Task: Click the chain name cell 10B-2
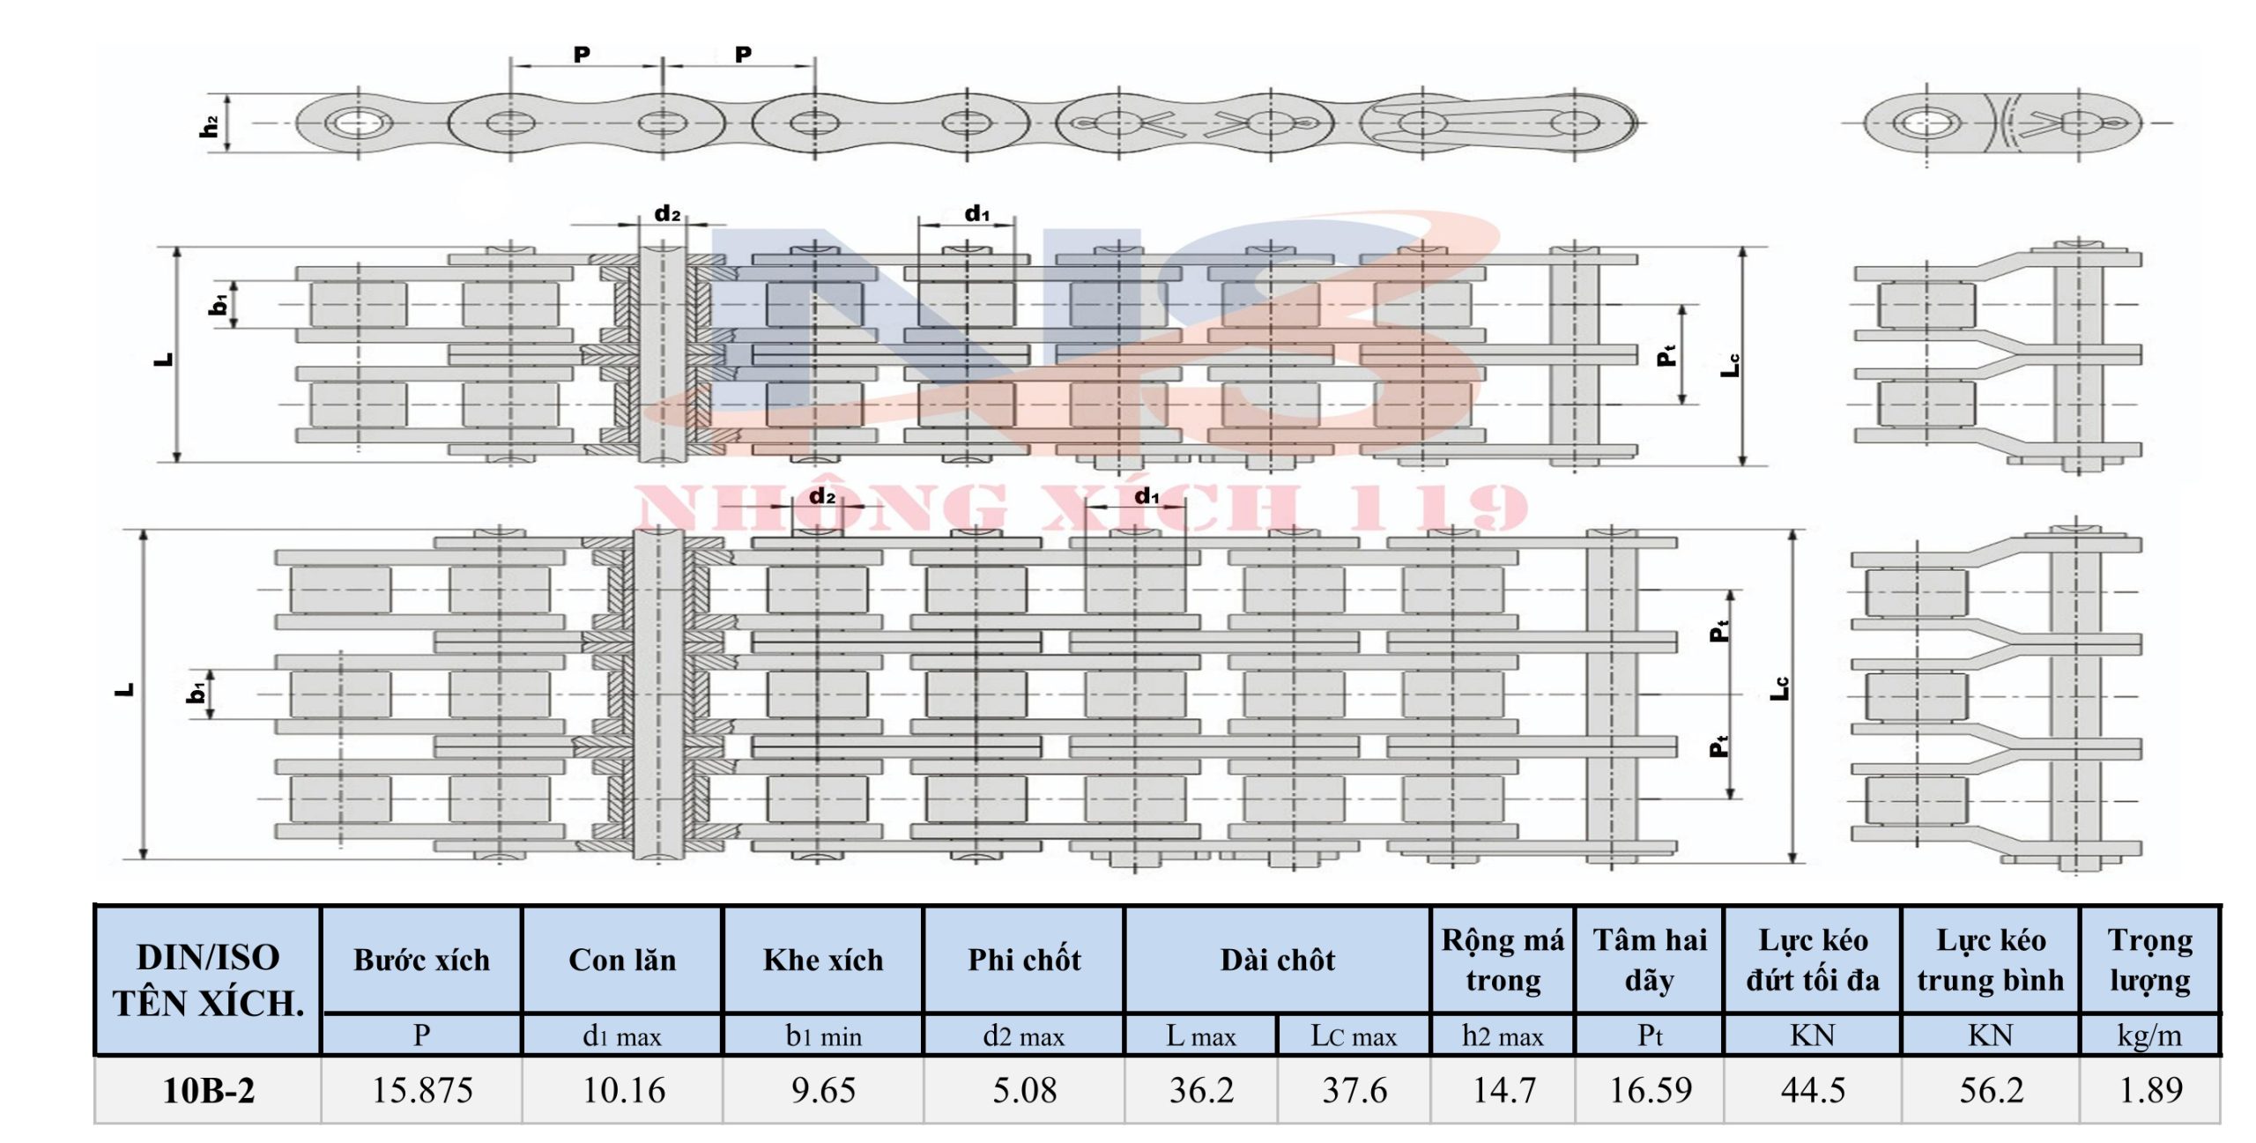[x=208, y=1091]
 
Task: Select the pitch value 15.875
[x=422, y=1091]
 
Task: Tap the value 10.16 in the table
[x=623, y=1091]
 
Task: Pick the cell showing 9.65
[x=823, y=1091]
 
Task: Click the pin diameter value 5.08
[x=1024, y=1091]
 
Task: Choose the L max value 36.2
[x=1201, y=1091]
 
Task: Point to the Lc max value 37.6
[x=1354, y=1091]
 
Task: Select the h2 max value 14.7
[x=1503, y=1091]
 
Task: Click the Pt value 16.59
[x=1651, y=1091]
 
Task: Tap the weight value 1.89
[x=2150, y=1091]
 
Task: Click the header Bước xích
[x=422, y=960]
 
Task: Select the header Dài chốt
[x=1278, y=960]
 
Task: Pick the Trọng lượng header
[x=2150, y=960]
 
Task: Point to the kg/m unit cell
[x=2150, y=1035]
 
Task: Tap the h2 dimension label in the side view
[x=209, y=126]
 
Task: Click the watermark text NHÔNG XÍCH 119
[x=1080, y=508]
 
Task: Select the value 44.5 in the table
[x=1813, y=1091]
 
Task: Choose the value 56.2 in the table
[x=1991, y=1091]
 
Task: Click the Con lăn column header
[x=623, y=960]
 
